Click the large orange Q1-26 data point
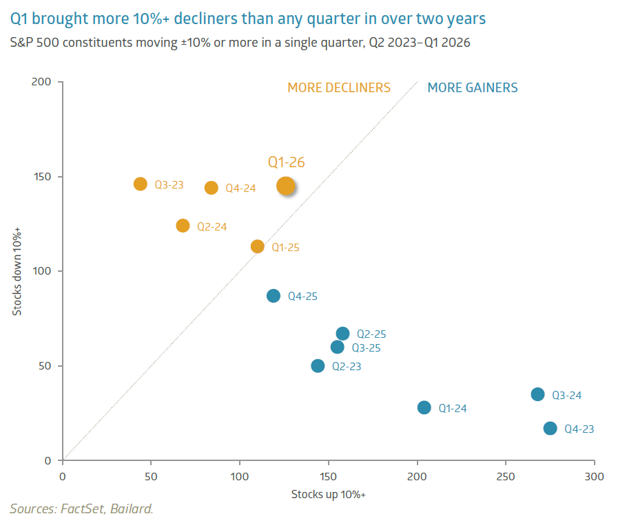pyautogui.click(x=286, y=186)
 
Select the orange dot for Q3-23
pyautogui.click(x=141, y=184)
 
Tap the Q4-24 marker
pyautogui.click(x=212, y=188)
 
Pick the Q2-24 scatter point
pyautogui.click(x=183, y=226)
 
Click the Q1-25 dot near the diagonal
pyautogui.click(x=258, y=246)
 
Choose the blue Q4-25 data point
pyautogui.click(x=274, y=296)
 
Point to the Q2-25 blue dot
pyautogui.click(x=342, y=334)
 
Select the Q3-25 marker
pyautogui.click(x=337, y=347)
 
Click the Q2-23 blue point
pyautogui.click(x=318, y=366)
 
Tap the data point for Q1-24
pyautogui.click(x=424, y=407)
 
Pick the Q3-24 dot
pyautogui.click(x=537, y=394)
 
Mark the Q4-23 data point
pyautogui.click(x=550, y=428)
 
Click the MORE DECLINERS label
pyautogui.click(x=339, y=87)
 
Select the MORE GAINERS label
pyautogui.click(x=473, y=87)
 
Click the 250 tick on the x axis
pyautogui.click(x=506, y=476)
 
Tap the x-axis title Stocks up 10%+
pyautogui.click(x=329, y=494)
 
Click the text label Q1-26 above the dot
pyautogui.click(x=286, y=162)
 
